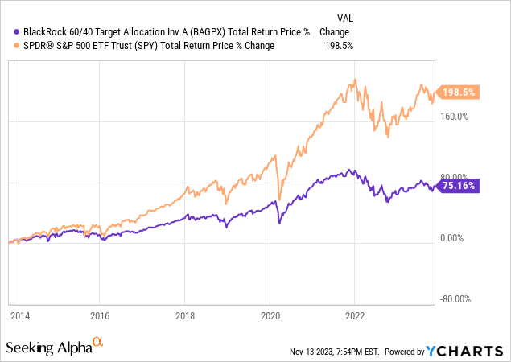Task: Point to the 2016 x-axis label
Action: coord(100,316)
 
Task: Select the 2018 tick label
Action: coord(185,316)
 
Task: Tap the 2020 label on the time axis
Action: coord(270,316)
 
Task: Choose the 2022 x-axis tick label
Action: coord(356,316)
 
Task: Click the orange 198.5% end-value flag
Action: coord(457,93)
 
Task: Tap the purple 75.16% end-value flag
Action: coord(457,186)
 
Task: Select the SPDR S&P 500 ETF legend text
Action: coord(145,46)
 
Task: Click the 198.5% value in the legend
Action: coord(336,46)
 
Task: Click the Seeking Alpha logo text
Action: coord(48,348)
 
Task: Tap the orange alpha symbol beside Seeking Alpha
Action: coord(98,343)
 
